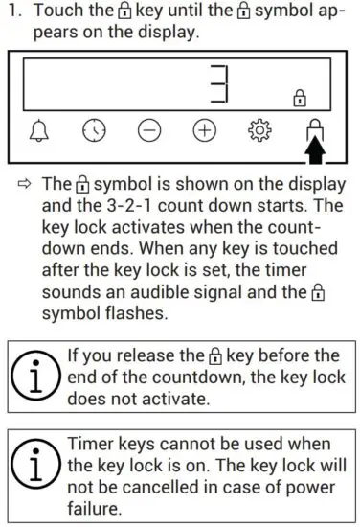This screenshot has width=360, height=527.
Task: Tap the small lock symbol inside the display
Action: (x=300, y=98)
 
